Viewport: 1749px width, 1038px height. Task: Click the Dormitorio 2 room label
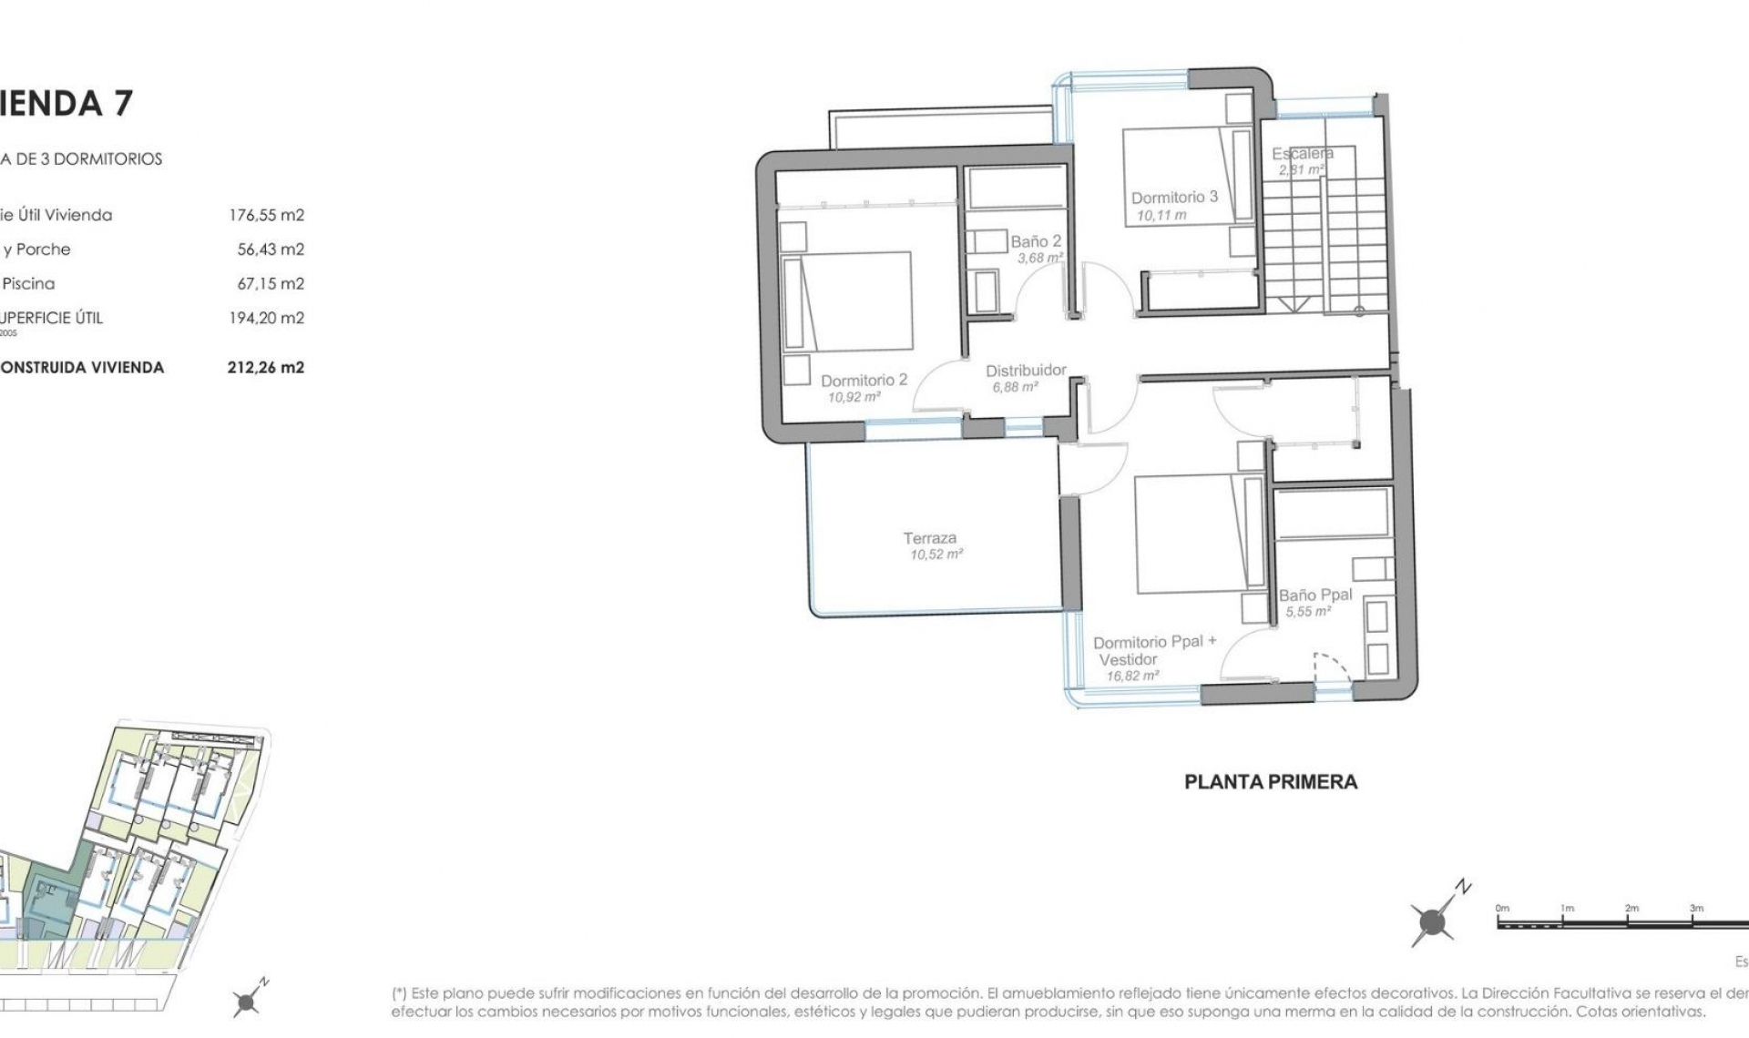pyautogui.click(x=864, y=381)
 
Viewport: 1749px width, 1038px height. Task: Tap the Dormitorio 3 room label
pyautogui.click(x=1174, y=198)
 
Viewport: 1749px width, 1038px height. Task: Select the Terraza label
pyautogui.click(x=930, y=538)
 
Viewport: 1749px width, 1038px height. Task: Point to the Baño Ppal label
pyautogui.click(x=1315, y=595)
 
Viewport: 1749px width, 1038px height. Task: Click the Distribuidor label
pyautogui.click(x=1026, y=371)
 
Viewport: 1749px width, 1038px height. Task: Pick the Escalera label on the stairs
pyautogui.click(x=1303, y=154)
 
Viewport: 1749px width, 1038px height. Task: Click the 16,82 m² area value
pyautogui.click(x=1132, y=677)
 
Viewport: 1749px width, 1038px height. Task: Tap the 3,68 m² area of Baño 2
pyautogui.click(x=1040, y=259)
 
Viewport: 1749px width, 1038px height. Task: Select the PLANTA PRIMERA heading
pyautogui.click(x=1271, y=781)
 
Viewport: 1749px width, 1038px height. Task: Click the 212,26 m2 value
pyautogui.click(x=266, y=368)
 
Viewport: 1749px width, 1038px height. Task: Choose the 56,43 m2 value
pyautogui.click(x=271, y=249)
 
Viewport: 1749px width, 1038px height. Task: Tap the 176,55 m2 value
pyautogui.click(x=266, y=216)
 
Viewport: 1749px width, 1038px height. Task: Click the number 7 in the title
pyautogui.click(x=123, y=103)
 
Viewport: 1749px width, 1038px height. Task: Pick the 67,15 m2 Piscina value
pyautogui.click(x=271, y=284)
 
